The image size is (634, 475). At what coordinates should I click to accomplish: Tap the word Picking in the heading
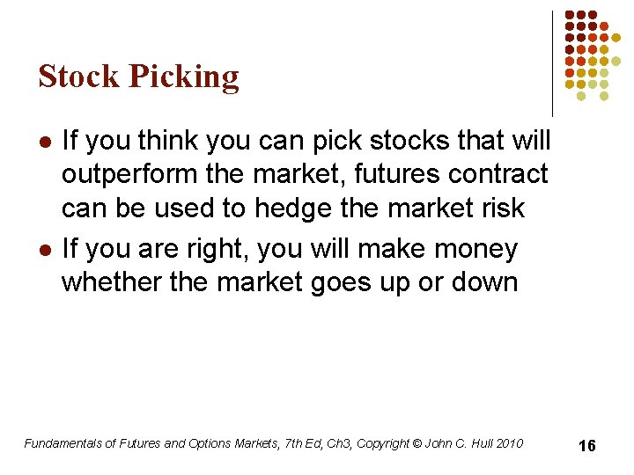tap(184, 78)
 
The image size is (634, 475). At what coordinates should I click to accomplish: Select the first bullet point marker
tap(45, 141)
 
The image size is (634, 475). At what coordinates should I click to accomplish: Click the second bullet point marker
tap(45, 250)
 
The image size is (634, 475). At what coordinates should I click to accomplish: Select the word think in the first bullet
tap(181, 141)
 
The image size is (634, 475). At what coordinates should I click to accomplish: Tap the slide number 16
tap(586, 446)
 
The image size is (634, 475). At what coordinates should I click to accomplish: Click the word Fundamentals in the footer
tap(63, 443)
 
